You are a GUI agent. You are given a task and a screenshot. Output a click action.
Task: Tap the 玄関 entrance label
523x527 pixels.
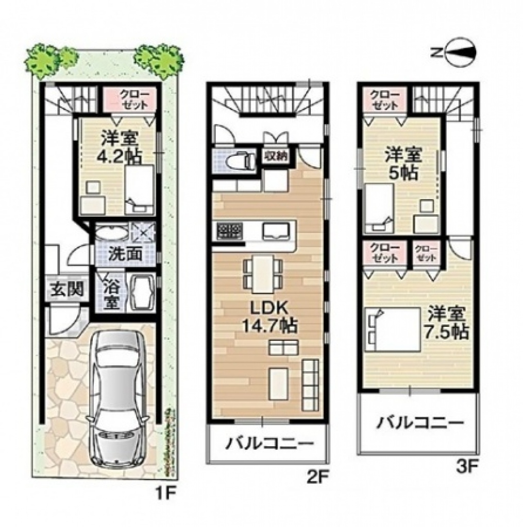(x=67, y=289)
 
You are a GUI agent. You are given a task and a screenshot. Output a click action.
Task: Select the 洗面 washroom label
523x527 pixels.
(x=125, y=254)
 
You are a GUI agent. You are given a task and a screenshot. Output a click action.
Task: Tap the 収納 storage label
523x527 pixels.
(x=275, y=157)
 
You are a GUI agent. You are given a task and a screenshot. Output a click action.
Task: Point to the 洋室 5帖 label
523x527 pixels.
(x=403, y=164)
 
